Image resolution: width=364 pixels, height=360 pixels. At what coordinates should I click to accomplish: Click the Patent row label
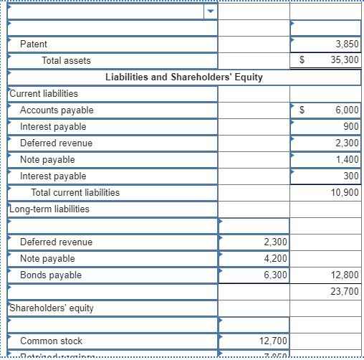34,44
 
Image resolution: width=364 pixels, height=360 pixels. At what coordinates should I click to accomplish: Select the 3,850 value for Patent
347,44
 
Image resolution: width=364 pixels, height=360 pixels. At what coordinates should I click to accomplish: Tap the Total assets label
66,61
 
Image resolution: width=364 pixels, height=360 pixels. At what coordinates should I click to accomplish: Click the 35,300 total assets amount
345,61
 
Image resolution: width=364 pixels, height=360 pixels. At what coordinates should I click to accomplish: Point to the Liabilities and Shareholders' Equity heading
184,77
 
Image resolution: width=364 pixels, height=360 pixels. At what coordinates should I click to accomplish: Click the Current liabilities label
44,93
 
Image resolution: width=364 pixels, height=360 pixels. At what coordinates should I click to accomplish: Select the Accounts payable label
57,110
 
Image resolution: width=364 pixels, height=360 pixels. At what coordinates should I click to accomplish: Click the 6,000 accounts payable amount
347,110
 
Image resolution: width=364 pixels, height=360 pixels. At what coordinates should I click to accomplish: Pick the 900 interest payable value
351,127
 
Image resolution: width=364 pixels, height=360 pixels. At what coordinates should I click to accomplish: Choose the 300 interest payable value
351,176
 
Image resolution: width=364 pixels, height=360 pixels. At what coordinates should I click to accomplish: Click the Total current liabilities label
75,192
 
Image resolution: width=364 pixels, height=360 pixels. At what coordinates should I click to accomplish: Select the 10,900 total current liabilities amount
345,193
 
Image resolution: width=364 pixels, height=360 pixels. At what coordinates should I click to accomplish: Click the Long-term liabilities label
49,209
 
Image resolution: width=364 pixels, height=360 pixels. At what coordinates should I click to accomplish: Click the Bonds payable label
51,275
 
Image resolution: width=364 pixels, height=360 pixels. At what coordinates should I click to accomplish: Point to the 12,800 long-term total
345,275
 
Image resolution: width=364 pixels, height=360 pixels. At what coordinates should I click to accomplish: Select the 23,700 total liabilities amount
345,292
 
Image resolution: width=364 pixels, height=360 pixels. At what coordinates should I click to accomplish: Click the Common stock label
51,341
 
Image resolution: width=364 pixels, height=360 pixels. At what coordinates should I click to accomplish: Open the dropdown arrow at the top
210,12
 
